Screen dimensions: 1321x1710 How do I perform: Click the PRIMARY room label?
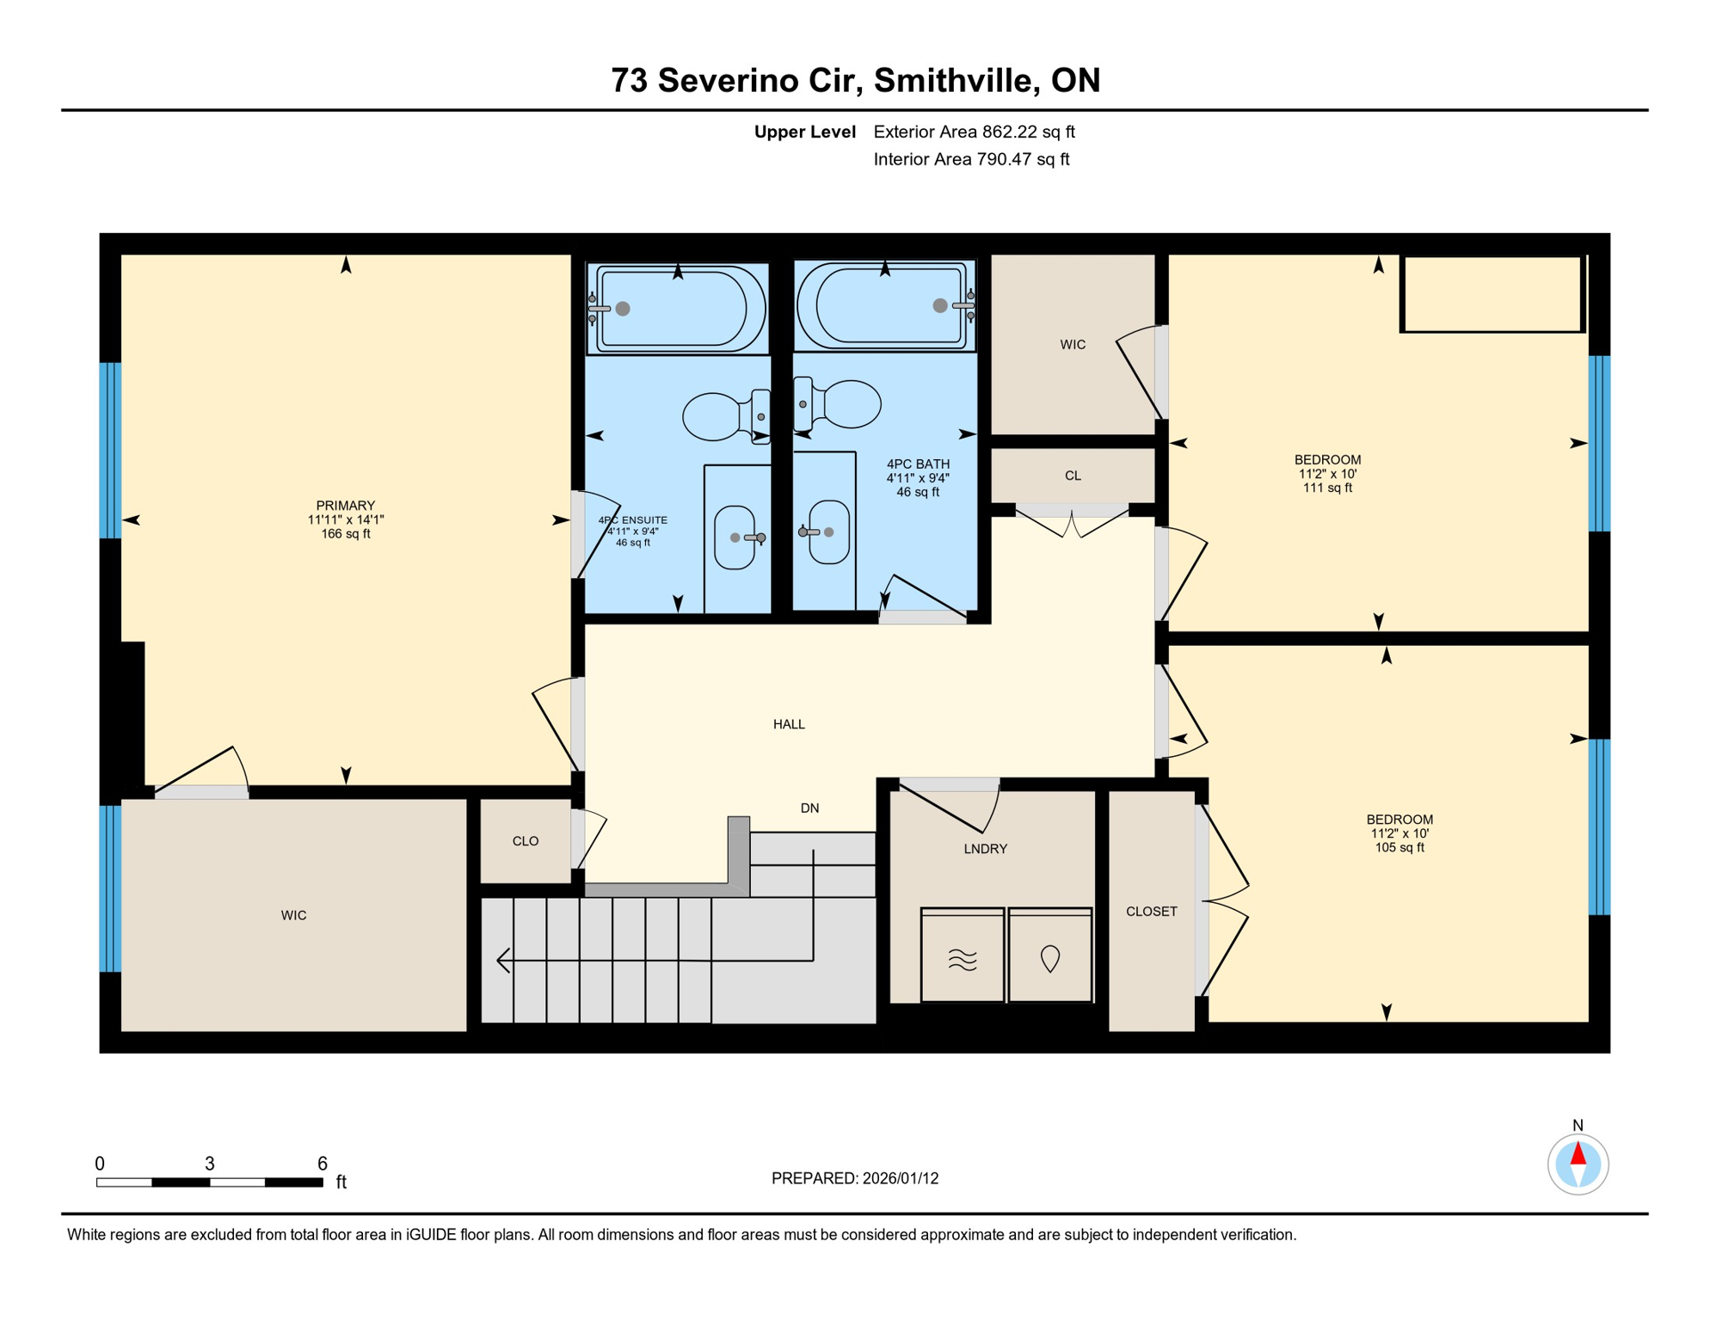point(345,506)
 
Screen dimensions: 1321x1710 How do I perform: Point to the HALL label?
point(789,724)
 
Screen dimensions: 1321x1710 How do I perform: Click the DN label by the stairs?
point(809,808)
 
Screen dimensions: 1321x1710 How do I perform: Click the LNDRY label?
point(985,849)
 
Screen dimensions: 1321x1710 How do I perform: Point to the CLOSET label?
point(1151,912)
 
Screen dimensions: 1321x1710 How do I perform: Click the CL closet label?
point(1073,476)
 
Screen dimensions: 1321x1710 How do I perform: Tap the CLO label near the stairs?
point(525,841)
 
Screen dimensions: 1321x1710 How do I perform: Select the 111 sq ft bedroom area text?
point(1327,488)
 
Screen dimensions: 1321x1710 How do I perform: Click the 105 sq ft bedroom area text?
point(1399,847)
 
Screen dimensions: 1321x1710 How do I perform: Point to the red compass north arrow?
point(1578,1152)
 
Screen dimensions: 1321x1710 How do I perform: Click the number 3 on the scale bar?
point(209,1164)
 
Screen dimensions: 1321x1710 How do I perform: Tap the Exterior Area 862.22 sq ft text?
point(974,132)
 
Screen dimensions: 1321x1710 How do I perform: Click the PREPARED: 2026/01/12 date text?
point(854,1178)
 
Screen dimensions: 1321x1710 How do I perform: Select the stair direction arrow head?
point(503,960)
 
